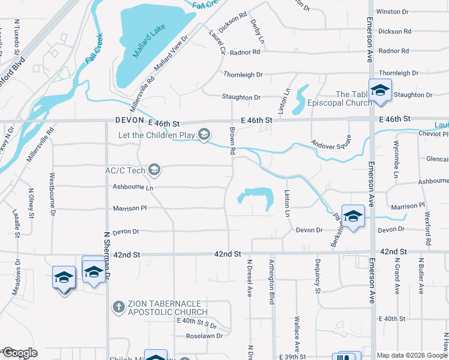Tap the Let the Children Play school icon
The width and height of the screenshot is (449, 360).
205,135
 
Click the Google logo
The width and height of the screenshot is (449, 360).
19,353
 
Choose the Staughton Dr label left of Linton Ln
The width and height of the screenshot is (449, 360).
241,97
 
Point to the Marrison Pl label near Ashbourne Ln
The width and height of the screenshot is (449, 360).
130,209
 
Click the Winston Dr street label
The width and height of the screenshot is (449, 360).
393,11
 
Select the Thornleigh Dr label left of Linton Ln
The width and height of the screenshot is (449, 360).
243,74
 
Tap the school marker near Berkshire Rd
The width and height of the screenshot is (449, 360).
353,216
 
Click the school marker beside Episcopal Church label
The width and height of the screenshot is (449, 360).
379,90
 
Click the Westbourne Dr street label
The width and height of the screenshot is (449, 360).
53,194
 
